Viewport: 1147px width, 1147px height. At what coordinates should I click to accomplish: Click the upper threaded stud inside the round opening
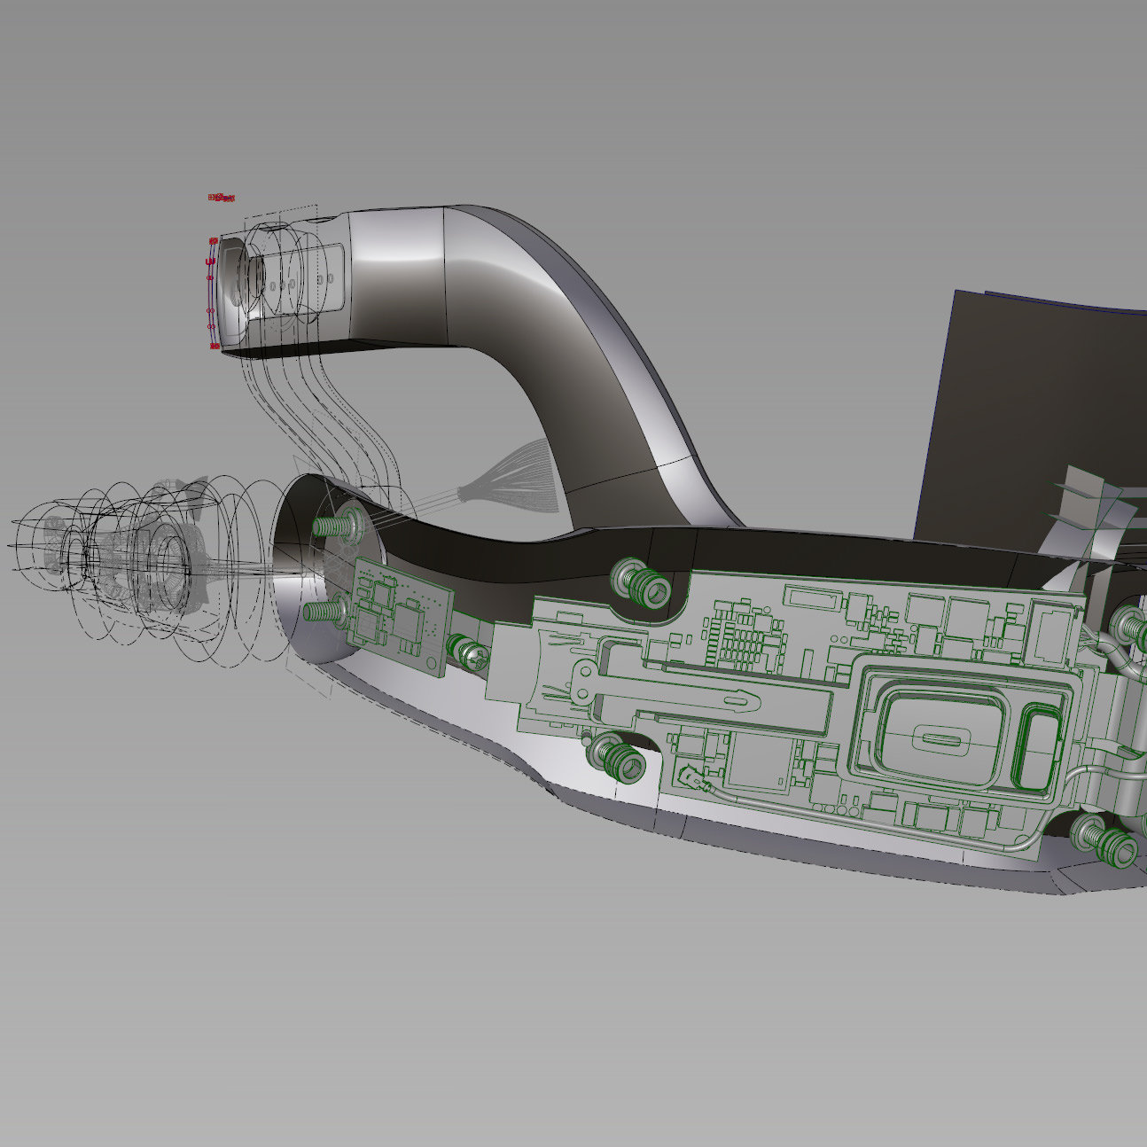[330, 526]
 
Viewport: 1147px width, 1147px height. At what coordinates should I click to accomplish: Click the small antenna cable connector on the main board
[691, 780]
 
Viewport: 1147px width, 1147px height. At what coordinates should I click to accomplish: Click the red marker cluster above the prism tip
[222, 197]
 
